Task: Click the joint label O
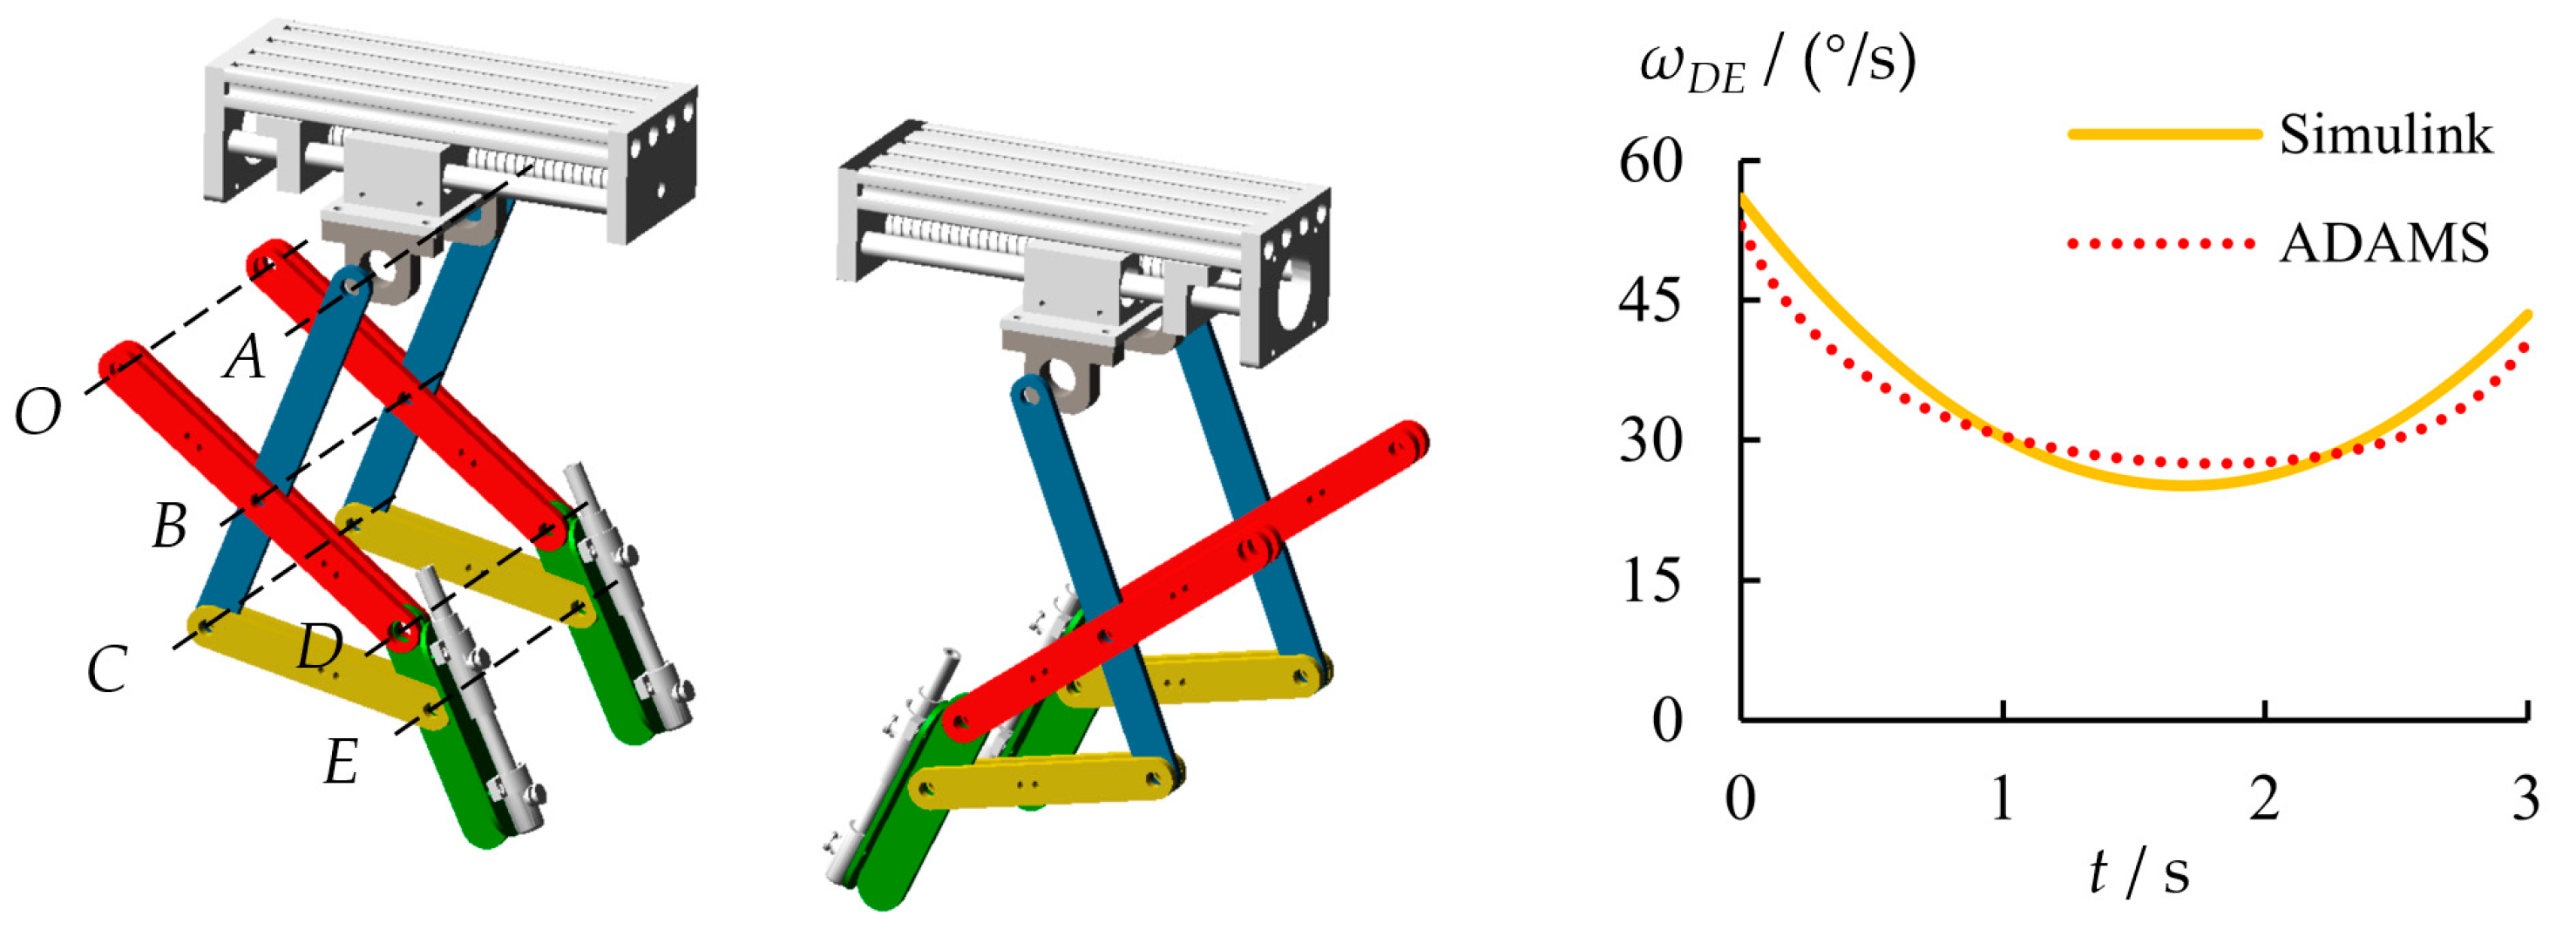(x=38, y=412)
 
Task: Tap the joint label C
(x=107, y=669)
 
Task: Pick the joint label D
(x=320, y=648)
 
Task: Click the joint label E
(x=342, y=764)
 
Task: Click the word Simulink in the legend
(x=2386, y=134)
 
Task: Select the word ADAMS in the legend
(x=2384, y=242)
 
